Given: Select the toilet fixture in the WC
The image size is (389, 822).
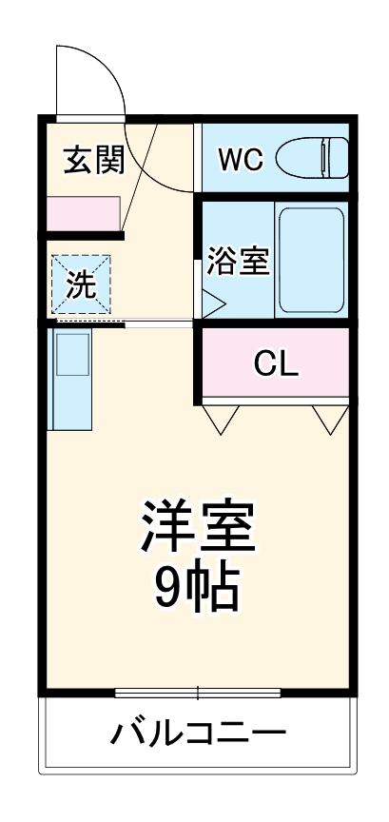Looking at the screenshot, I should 312,156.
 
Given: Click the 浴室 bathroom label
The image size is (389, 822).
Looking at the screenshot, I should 238,260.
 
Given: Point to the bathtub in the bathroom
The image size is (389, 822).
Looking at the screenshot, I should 310,259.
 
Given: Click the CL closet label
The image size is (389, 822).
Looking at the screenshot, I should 277,363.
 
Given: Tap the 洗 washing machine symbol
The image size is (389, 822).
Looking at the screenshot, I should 81,284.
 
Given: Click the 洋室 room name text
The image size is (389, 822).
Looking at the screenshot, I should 199,525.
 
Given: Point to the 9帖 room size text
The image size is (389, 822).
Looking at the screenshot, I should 198,590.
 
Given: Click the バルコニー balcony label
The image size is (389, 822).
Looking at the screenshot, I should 198,734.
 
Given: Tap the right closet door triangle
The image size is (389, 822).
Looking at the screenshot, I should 330,419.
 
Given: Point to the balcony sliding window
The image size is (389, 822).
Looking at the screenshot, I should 198,692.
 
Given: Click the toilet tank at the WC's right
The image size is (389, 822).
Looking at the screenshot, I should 335,156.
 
